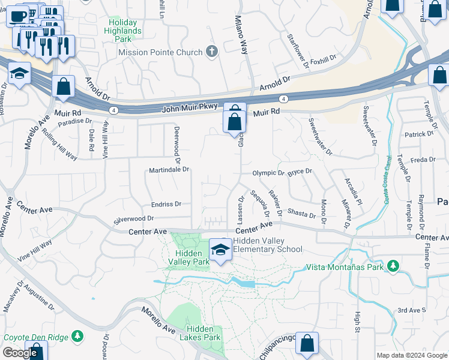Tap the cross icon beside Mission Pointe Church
pyautogui.click(x=211, y=52)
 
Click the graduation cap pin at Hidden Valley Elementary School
pyautogui.click(x=221, y=250)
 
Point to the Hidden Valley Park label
pyautogui.click(x=188, y=257)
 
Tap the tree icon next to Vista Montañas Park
pyautogui.click(x=393, y=265)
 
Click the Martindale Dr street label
pyautogui.click(x=169, y=170)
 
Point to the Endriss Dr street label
pyautogui.click(x=166, y=204)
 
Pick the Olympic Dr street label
pyautogui.click(x=268, y=173)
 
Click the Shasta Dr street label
pyautogui.click(x=301, y=214)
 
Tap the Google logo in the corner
pyautogui.click(x=20, y=353)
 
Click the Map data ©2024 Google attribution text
pyautogui.click(x=411, y=355)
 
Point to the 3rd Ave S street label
pyautogui.click(x=411, y=310)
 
